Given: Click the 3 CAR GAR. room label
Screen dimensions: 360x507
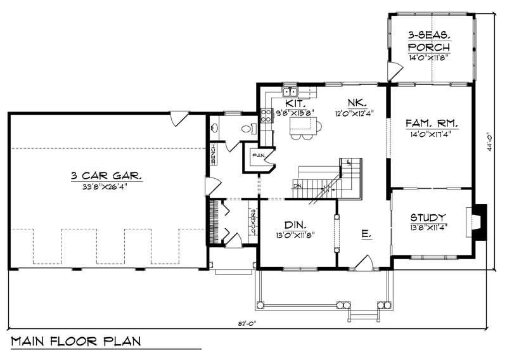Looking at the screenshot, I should tap(106, 176).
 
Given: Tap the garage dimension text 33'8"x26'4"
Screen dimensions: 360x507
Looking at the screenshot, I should tap(106, 186).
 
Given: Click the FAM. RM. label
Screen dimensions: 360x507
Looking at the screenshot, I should tap(430, 123).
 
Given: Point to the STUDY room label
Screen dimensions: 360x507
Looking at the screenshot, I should tap(428, 217).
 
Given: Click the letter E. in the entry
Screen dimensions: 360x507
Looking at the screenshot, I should tap(366, 234).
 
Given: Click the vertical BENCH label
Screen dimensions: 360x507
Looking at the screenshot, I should tap(214, 151).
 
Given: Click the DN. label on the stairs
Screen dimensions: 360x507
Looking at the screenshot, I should tap(298, 186).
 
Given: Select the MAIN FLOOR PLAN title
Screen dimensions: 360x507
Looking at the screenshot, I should tap(76, 341).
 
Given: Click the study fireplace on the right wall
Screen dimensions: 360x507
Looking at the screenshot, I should tap(480, 222).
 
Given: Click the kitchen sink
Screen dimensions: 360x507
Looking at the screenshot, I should tap(290, 91).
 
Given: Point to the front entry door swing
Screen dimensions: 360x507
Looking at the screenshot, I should tap(365, 262).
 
